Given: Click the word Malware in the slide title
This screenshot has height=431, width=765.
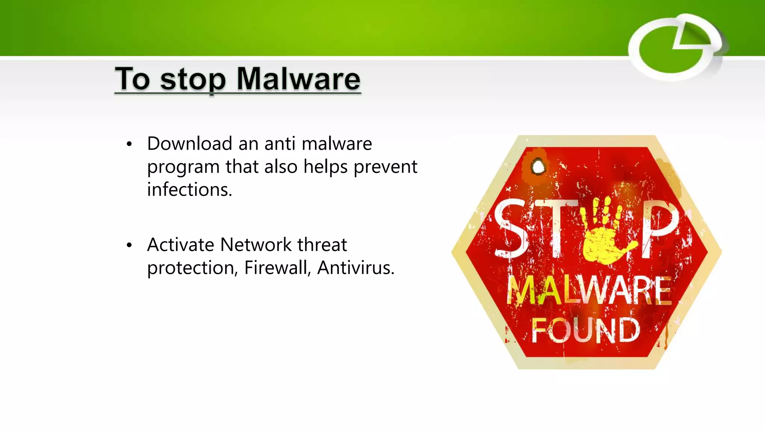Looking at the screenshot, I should [298, 79].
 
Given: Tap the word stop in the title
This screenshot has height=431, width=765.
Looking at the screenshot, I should [193, 80].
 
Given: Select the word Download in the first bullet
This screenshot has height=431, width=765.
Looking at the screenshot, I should [190, 144].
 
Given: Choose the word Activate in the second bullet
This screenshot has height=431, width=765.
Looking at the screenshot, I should [180, 245].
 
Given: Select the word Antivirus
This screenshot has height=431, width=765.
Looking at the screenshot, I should [355, 268].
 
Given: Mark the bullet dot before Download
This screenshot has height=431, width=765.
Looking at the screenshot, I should [129, 144].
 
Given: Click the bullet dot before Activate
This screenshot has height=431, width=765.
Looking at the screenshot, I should [129, 245].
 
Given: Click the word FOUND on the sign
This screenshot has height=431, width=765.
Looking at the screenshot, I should [585, 331].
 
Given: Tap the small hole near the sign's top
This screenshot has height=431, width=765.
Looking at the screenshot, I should [538, 166].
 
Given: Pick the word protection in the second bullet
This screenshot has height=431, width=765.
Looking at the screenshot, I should [192, 268].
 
